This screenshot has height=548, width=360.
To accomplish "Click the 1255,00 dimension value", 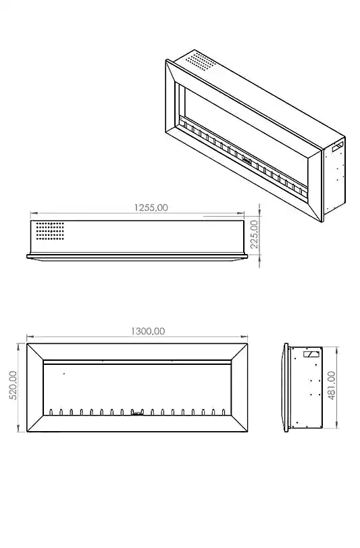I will tap(151, 207).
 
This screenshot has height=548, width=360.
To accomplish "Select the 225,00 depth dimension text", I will tap(254, 233).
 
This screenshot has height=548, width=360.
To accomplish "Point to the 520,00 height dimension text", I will tap(13, 386).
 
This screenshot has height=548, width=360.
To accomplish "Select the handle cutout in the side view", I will tap(312, 353).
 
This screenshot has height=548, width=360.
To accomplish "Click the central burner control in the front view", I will tap(137, 412).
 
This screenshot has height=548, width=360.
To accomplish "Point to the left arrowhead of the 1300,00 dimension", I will tap(29, 337).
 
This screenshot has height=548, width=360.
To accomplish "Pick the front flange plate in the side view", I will tap(286, 387).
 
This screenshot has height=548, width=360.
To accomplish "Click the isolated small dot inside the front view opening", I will tap(63, 374).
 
